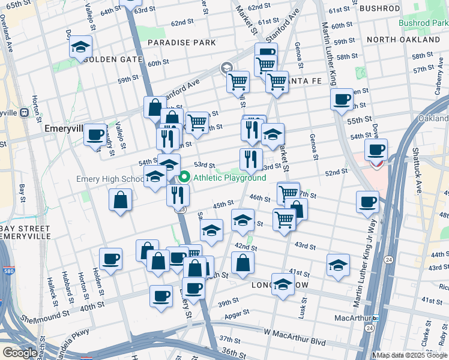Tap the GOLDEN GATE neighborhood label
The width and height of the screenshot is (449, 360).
click(113, 59)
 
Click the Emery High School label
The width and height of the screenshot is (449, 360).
click(110, 179)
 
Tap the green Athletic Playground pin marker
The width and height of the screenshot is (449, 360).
click(185, 177)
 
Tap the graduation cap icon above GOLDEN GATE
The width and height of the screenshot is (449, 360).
click(80, 48)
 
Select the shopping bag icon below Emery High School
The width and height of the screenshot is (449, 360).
click(120, 200)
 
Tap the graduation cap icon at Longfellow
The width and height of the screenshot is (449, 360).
click(283, 284)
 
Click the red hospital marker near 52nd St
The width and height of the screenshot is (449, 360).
click(377, 162)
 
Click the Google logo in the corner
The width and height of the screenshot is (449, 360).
click(19, 353)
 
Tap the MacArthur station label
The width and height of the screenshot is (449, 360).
click(351, 317)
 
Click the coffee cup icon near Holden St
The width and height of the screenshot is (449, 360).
click(110, 259)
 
